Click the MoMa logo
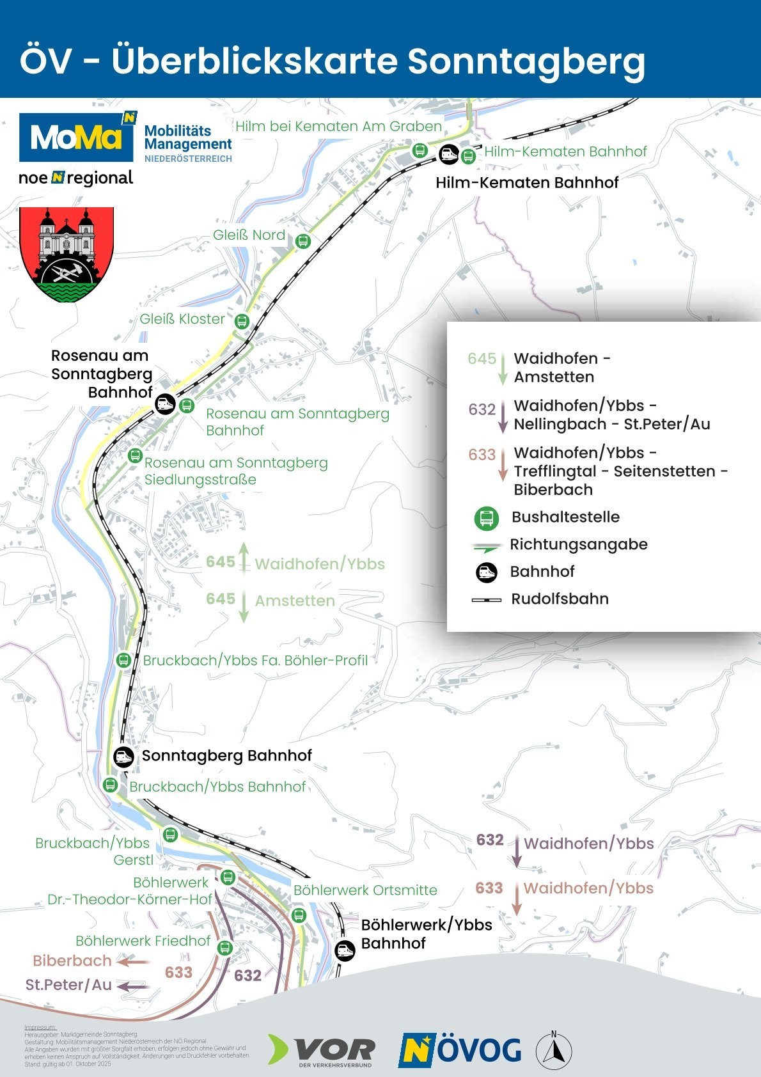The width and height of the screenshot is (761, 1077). coord(77,137)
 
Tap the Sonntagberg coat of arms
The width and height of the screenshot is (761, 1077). coord(67,254)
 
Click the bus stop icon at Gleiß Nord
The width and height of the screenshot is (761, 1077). coord(303,241)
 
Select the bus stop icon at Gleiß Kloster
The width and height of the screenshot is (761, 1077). coord(242,320)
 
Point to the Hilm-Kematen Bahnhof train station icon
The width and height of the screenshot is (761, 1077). coord(448,154)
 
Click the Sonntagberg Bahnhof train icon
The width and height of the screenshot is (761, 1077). coord(123,757)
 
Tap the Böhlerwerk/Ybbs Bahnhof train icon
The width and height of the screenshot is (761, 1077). coord(345,950)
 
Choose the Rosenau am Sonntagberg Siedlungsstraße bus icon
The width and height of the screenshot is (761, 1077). coord(134,455)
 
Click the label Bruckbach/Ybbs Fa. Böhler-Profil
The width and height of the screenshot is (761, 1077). coord(255,660)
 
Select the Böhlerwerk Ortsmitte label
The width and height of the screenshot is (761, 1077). coord(365,890)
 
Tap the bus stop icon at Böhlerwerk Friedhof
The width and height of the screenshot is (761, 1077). coord(224,947)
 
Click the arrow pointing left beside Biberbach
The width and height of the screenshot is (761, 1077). coord(134,961)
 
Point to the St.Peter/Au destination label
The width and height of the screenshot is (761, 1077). coord(68,985)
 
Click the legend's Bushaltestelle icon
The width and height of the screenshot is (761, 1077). coord(486,518)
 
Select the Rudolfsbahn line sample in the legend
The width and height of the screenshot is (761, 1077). coord(486,600)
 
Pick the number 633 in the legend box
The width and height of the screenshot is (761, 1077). coord(482,455)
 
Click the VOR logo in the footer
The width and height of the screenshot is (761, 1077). coord(322,1050)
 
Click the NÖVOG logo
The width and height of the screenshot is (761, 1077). coord(460,1050)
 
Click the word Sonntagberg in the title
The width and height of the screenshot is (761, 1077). coord(526,61)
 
